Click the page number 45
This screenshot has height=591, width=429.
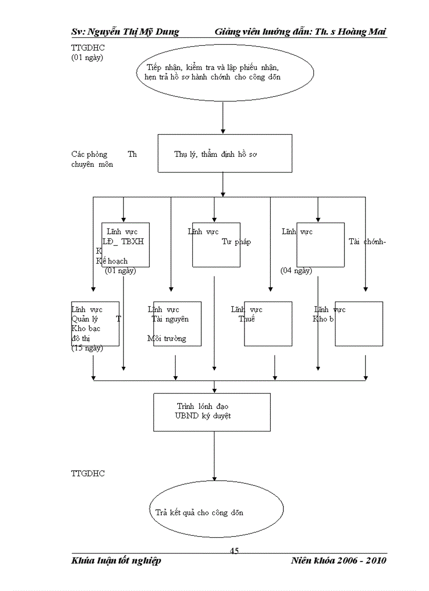(x=234, y=551)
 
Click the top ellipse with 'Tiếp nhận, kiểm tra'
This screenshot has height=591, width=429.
(x=224, y=73)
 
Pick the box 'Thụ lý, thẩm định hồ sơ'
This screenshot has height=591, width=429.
(x=224, y=153)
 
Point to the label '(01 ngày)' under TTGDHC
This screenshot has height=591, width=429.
(x=87, y=57)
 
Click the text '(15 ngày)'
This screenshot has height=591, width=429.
(x=87, y=348)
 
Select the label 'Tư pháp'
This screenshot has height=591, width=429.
(x=236, y=242)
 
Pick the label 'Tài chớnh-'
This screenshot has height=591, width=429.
(x=367, y=242)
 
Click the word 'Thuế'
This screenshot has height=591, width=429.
(x=247, y=319)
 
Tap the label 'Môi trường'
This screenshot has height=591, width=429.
(x=167, y=338)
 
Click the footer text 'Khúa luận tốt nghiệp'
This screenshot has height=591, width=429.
(x=116, y=560)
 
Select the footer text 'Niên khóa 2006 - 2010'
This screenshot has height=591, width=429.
(x=339, y=560)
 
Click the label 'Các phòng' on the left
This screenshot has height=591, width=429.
(x=89, y=154)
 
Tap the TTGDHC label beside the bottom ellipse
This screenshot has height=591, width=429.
(x=88, y=474)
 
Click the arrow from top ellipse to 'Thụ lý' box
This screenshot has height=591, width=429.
(x=223, y=118)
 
